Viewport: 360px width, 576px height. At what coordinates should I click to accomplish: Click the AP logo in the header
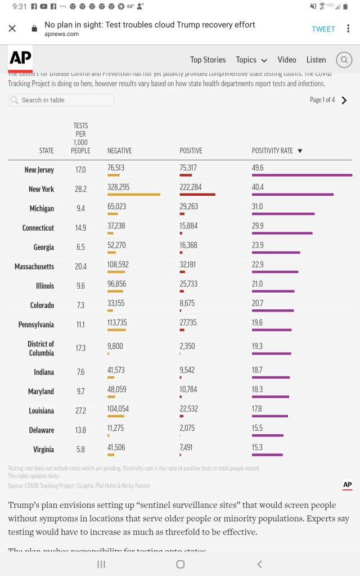coord(20,58)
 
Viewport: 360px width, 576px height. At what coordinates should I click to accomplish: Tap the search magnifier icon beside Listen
coord(344,60)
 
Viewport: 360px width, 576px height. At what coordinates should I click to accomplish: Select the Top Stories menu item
coord(208,60)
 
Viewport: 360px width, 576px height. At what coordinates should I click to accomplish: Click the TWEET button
coord(323,29)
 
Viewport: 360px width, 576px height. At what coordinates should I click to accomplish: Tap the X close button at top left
coord(12,28)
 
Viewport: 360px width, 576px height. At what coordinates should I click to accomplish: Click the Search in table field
coord(61,100)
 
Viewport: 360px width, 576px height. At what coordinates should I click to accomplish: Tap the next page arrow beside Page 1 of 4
coord(344,100)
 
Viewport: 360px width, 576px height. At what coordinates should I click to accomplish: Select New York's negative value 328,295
coord(119,187)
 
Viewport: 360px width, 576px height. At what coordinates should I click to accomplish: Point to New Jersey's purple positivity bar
coord(301,175)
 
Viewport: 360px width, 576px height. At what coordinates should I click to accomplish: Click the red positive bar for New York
coord(197,194)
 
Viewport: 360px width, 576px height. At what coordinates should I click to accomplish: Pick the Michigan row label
coord(42,209)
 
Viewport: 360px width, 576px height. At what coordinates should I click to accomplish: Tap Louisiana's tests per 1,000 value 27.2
coord(80,411)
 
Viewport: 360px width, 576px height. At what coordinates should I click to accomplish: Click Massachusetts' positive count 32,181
coord(188,264)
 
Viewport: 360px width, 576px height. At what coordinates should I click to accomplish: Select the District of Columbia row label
coord(40,348)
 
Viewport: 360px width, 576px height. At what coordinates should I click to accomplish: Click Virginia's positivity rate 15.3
coord(257,447)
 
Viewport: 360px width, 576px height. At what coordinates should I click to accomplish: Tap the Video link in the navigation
coord(286,60)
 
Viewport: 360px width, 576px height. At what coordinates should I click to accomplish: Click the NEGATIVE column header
coord(119,151)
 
